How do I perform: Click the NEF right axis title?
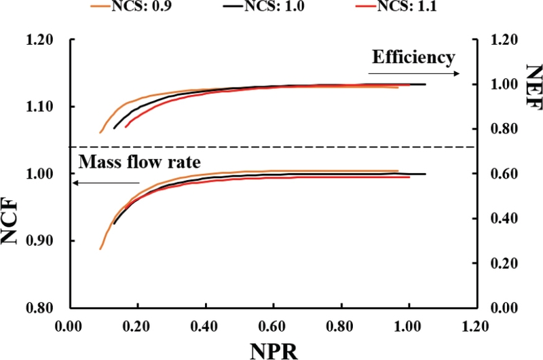point(531,84)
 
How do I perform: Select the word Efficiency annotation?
point(413,57)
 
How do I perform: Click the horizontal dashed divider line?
point(271,147)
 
